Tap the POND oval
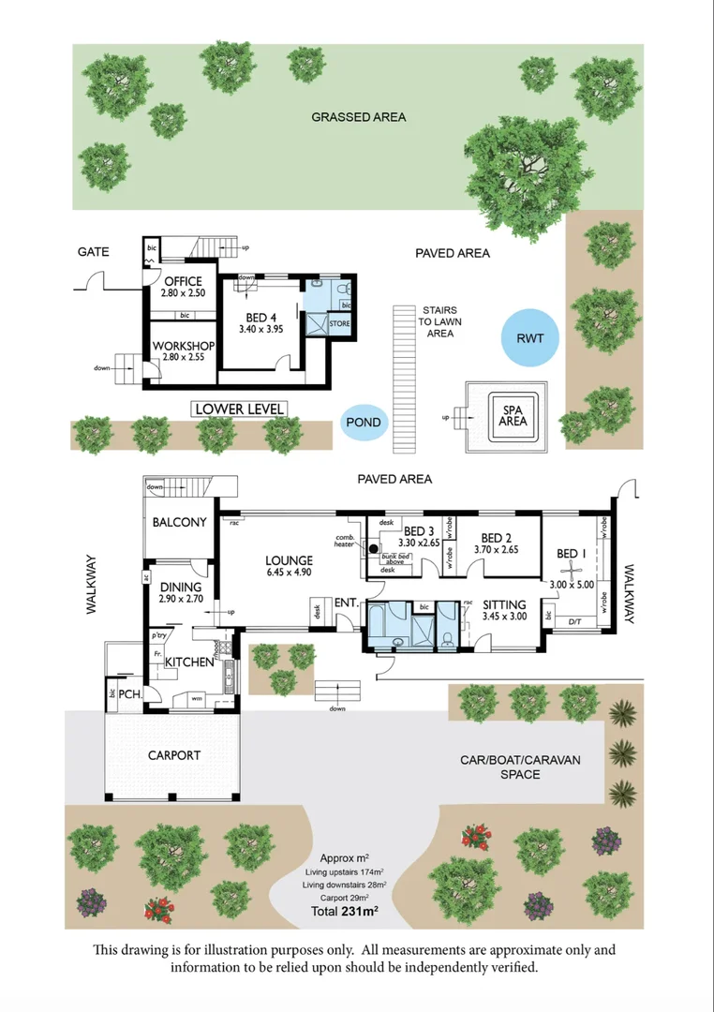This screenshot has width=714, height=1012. [364, 423]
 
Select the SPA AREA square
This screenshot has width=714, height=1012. [513, 415]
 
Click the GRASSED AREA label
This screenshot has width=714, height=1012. [359, 117]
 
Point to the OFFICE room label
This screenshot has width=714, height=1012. [183, 281]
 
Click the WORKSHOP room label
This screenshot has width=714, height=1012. [184, 346]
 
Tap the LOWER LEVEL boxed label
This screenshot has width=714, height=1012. [239, 409]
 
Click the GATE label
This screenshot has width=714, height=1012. [93, 251]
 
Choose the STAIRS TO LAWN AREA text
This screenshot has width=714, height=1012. [440, 321]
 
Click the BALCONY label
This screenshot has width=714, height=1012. [179, 522]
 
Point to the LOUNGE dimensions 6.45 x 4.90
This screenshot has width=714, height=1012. [289, 572]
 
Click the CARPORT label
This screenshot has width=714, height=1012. [173, 754]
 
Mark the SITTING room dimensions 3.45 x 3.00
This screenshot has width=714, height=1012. [505, 618]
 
